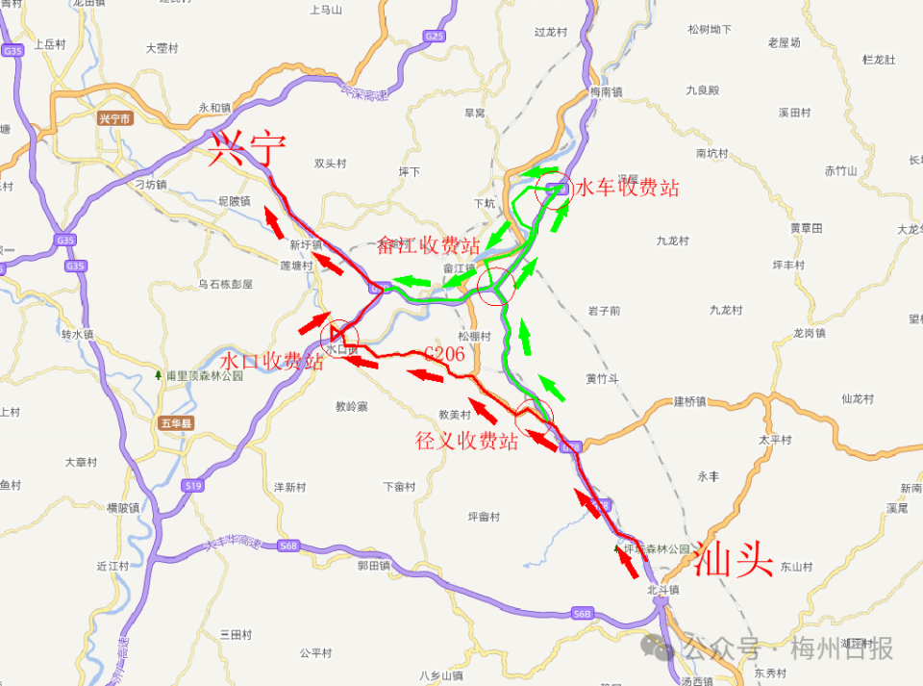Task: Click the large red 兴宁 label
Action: point(248,149)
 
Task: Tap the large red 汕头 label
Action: point(734,558)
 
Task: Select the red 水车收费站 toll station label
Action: point(627,189)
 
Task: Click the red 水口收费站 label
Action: point(272,360)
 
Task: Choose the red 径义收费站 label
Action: point(467,441)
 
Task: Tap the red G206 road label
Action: point(444,355)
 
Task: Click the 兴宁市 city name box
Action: point(115,118)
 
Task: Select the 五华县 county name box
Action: point(177,423)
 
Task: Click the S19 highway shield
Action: point(193,487)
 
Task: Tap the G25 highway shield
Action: point(435,37)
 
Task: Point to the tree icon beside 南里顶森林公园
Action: point(159,375)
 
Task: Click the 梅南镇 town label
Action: point(607,92)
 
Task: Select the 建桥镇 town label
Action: point(689,400)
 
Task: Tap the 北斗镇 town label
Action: point(662,590)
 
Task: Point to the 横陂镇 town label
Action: point(123,507)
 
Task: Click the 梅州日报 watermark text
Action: point(842,648)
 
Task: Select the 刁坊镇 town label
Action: point(152,185)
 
